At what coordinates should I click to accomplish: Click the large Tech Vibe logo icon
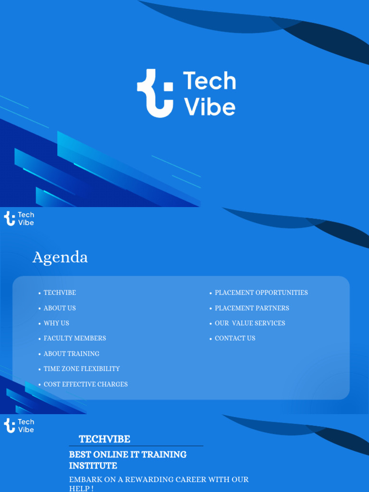[155, 93]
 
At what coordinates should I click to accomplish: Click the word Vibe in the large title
[210, 107]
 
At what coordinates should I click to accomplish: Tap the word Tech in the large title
[209, 81]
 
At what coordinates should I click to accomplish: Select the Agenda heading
[60, 258]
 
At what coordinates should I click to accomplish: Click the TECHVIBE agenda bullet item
[60, 293]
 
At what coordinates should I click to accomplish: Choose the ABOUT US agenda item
[60, 308]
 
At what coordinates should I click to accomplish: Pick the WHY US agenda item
[56, 323]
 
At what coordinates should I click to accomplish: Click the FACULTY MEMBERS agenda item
[74, 338]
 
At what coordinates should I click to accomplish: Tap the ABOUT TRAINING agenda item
[71, 354]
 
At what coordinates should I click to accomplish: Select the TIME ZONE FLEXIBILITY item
[82, 369]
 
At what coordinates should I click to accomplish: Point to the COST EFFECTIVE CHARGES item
[86, 384]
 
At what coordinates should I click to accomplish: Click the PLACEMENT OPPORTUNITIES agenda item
[261, 293]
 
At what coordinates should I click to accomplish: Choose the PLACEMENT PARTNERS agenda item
[252, 308]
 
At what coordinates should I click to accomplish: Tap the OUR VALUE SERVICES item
[250, 323]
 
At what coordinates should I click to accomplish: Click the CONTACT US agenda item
[235, 338]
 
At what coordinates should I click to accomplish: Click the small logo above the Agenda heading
[19, 219]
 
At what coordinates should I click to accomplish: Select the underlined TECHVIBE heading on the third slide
[104, 439]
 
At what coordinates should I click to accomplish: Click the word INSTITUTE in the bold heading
[93, 466]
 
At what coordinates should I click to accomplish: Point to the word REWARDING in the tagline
[138, 480]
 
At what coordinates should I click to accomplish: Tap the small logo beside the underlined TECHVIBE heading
[19, 426]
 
